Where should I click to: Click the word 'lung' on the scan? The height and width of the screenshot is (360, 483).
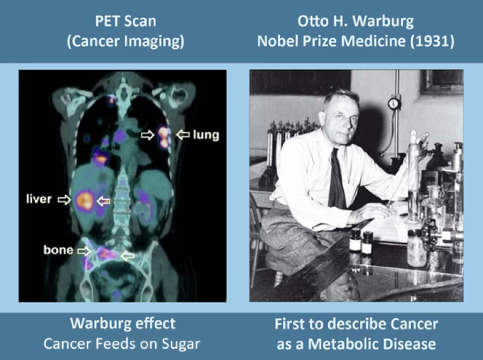(206, 136)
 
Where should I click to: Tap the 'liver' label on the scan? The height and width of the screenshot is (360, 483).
(39, 199)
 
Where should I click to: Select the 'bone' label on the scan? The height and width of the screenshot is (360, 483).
(58, 250)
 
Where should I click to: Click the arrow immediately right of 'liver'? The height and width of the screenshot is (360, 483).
(64, 200)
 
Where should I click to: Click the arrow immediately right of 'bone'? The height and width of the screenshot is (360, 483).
(83, 251)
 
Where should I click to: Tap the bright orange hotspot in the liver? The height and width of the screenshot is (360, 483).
(85, 200)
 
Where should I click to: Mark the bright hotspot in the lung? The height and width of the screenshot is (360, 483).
(163, 137)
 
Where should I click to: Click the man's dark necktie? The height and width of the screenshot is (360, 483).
(336, 179)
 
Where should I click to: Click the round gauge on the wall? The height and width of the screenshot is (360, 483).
(394, 103)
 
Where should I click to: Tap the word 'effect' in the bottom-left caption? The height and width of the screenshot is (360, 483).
(156, 324)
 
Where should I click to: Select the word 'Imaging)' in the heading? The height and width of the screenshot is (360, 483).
(159, 42)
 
